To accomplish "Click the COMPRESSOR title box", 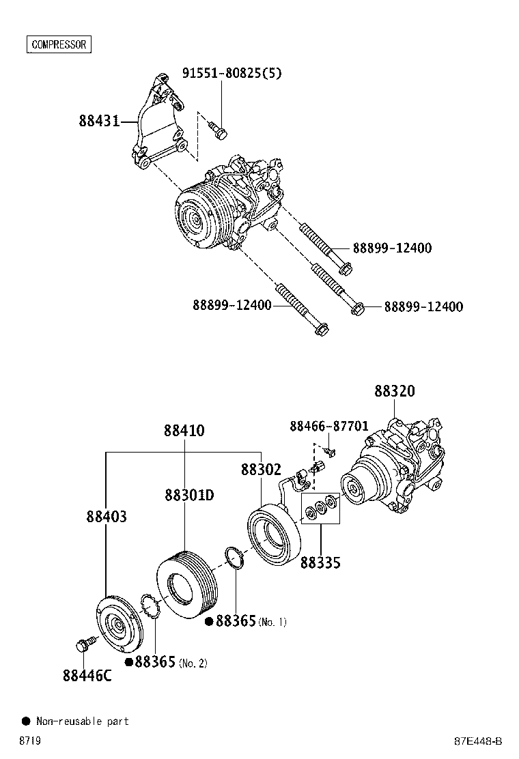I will pyautogui.click(x=59, y=45).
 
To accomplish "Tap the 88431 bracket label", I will pyautogui.click(x=98, y=121).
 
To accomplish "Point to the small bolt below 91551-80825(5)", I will pyautogui.click(x=219, y=129).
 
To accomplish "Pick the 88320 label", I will pyautogui.click(x=394, y=391).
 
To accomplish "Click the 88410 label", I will pyautogui.click(x=184, y=431).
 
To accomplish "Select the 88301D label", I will pyautogui.click(x=189, y=495).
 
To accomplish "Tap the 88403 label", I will pyautogui.click(x=106, y=517).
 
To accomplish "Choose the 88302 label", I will pyautogui.click(x=261, y=470).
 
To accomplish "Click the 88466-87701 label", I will pyautogui.click(x=328, y=426).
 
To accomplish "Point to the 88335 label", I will pyautogui.click(x=320, y=562).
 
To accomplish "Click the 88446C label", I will pyautogui.click(x=87, y=676).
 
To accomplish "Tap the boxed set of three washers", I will pyautogui.click(x=320, y=508).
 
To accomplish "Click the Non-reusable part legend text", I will pyautogui.click(x=82, y=721).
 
